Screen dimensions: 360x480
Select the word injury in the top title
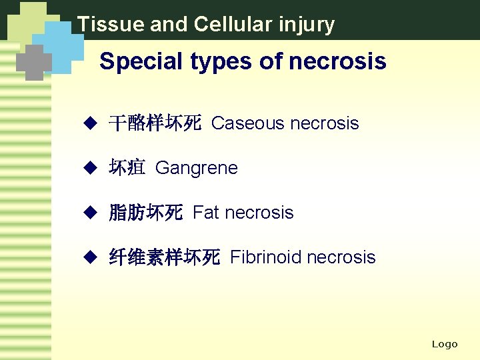(308, 25)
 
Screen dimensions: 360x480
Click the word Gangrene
(196, 168)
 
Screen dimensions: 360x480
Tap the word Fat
(205, 213)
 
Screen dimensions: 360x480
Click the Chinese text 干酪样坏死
(155, 124)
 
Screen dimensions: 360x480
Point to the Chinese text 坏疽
(127, 168)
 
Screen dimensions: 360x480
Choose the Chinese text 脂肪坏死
(145, 213)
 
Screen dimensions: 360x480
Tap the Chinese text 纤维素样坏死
(164, 258)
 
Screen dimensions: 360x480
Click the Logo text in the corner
(445, 344)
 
